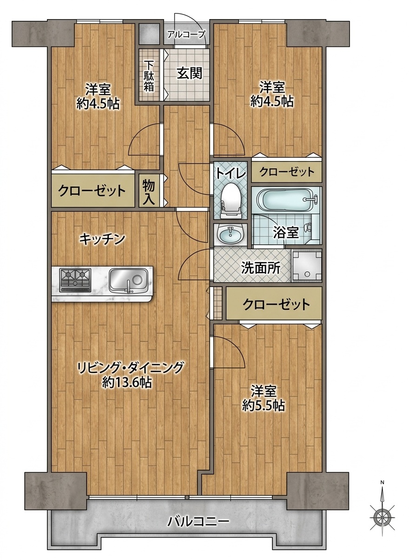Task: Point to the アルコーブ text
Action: pyautogui.click(x=187, y=34)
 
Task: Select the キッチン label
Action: pyautogui.click(x=102, y=239)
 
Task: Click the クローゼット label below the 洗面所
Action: pyautogui.click(x=277, y=304)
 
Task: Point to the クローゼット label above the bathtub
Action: pyautogui.click(x=287, y=172)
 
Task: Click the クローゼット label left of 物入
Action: pyautogui.click(x=92, y=191)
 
